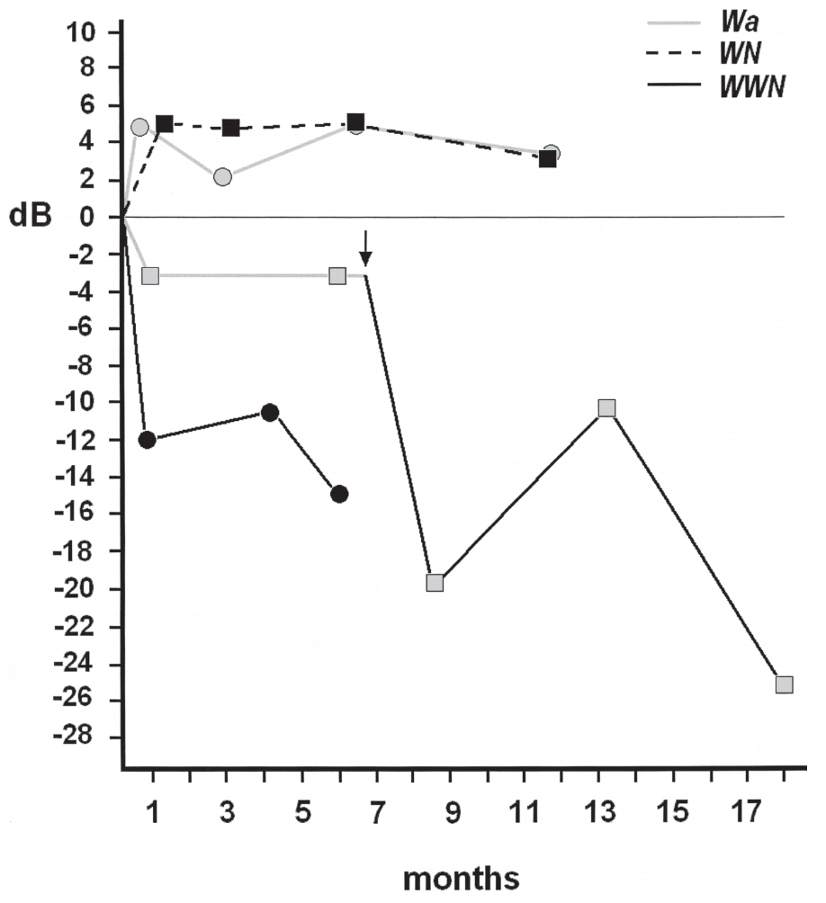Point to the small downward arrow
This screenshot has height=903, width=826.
[x=364, y=247]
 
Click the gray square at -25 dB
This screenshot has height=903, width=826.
[x=784, y=684]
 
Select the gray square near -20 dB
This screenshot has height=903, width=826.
[x=435, y=582]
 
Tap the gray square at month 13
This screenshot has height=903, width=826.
[x=607, y=407]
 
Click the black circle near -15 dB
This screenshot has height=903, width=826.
[x=339, y=494]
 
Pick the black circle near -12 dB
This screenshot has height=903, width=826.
[x=148, y=440]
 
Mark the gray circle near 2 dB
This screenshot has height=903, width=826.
[x=222, y=176]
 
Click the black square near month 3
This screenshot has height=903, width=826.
[x=231, y=128]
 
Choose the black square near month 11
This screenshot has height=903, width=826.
[x=547, y=159]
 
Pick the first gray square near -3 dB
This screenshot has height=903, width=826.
[x=150, y=275]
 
